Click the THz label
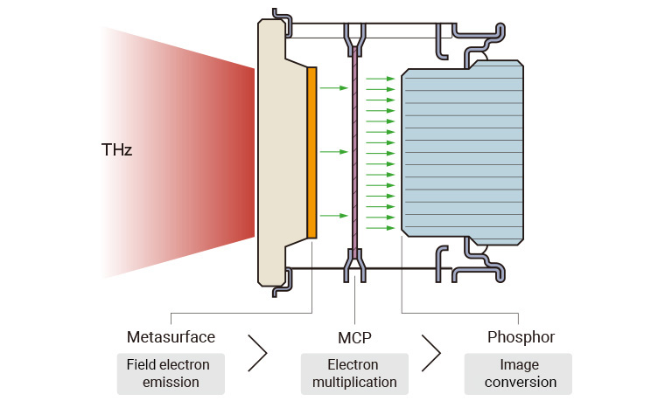[116, 151]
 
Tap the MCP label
[354, 337]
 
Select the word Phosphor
[521, 337]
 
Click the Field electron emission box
[171, 373]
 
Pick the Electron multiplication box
[353, 373]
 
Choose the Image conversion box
[517, 373]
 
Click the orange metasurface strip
[312, 151]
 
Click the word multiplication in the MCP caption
[353, 383]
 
